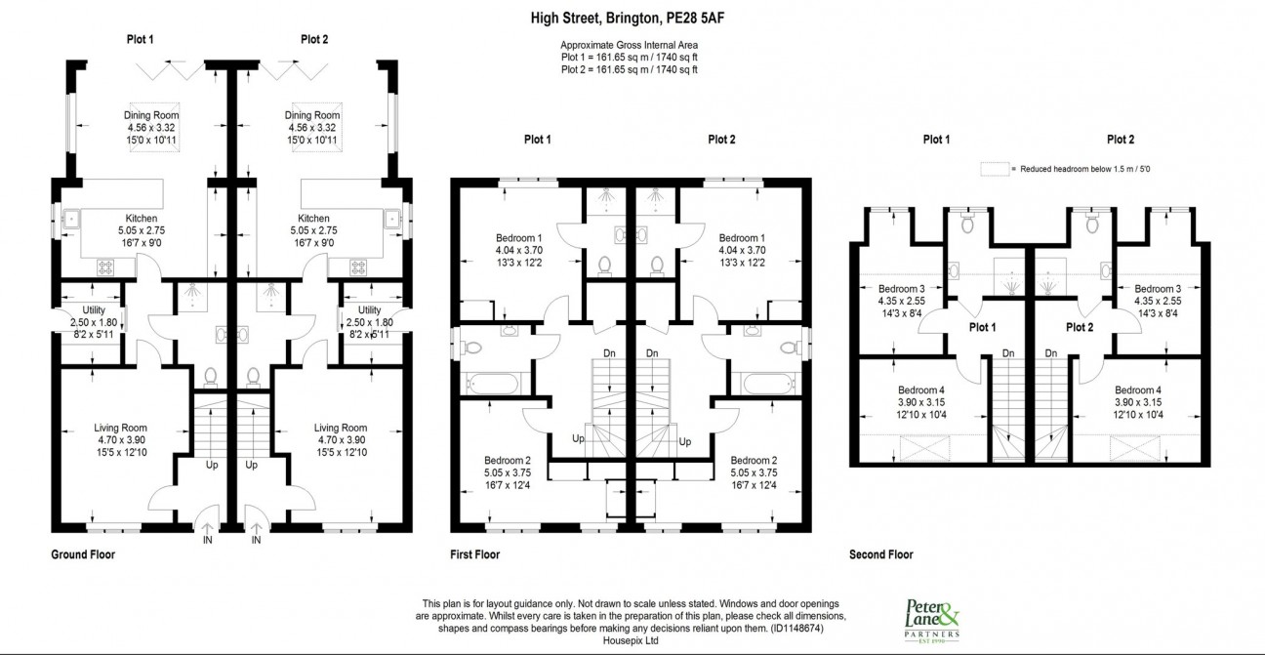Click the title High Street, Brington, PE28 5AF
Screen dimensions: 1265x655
point(628,19)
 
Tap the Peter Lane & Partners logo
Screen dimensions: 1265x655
point(932,621)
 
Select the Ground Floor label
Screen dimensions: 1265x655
point(83,554)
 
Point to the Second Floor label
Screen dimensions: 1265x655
point(881,554)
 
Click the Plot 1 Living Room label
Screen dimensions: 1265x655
point(120,428)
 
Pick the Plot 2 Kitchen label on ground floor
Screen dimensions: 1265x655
point(313,219)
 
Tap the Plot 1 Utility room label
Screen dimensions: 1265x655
point(94,310)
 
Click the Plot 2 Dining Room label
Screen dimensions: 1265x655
point(312,115)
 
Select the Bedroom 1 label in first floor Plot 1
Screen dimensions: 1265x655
point(519,238)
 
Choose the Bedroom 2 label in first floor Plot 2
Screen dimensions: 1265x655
point(754,460)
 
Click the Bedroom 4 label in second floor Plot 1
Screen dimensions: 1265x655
point(921,390)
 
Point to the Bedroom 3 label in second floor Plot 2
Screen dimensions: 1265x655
point(1158,289)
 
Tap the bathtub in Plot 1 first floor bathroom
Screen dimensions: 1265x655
point(493,384)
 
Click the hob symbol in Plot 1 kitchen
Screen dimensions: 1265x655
point(105,266)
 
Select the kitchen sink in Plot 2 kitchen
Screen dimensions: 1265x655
point(392,218)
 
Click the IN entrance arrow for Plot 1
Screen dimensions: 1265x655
point(207,528)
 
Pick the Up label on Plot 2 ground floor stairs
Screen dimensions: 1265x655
point(251,465)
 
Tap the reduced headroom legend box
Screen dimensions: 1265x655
point(995,169)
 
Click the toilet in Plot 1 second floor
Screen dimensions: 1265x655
point(967,223)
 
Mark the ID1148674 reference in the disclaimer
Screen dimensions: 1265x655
point(796,629)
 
